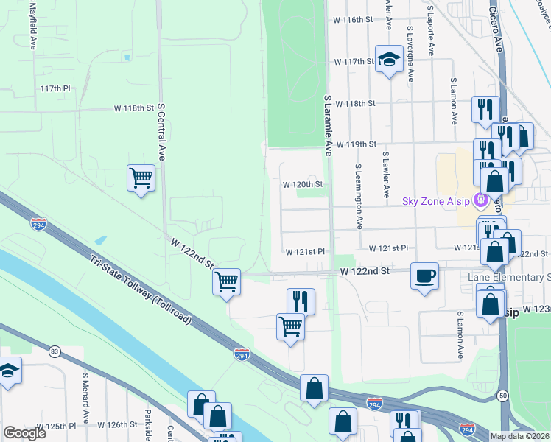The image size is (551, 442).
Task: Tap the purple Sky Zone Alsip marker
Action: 481,199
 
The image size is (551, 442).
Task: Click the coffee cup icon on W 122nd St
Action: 424,276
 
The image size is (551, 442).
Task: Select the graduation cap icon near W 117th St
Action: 387,59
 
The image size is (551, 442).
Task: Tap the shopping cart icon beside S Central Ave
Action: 141,178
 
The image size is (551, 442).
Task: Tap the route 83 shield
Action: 54,351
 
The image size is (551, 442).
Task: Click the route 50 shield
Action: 502,396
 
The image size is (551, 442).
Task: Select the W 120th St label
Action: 303,184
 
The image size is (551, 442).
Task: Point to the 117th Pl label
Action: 55,88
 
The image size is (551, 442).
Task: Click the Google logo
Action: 24,433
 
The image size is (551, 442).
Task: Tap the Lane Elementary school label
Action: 509,277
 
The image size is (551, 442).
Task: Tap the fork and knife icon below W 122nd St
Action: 301,301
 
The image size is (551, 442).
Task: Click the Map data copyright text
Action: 520,436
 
